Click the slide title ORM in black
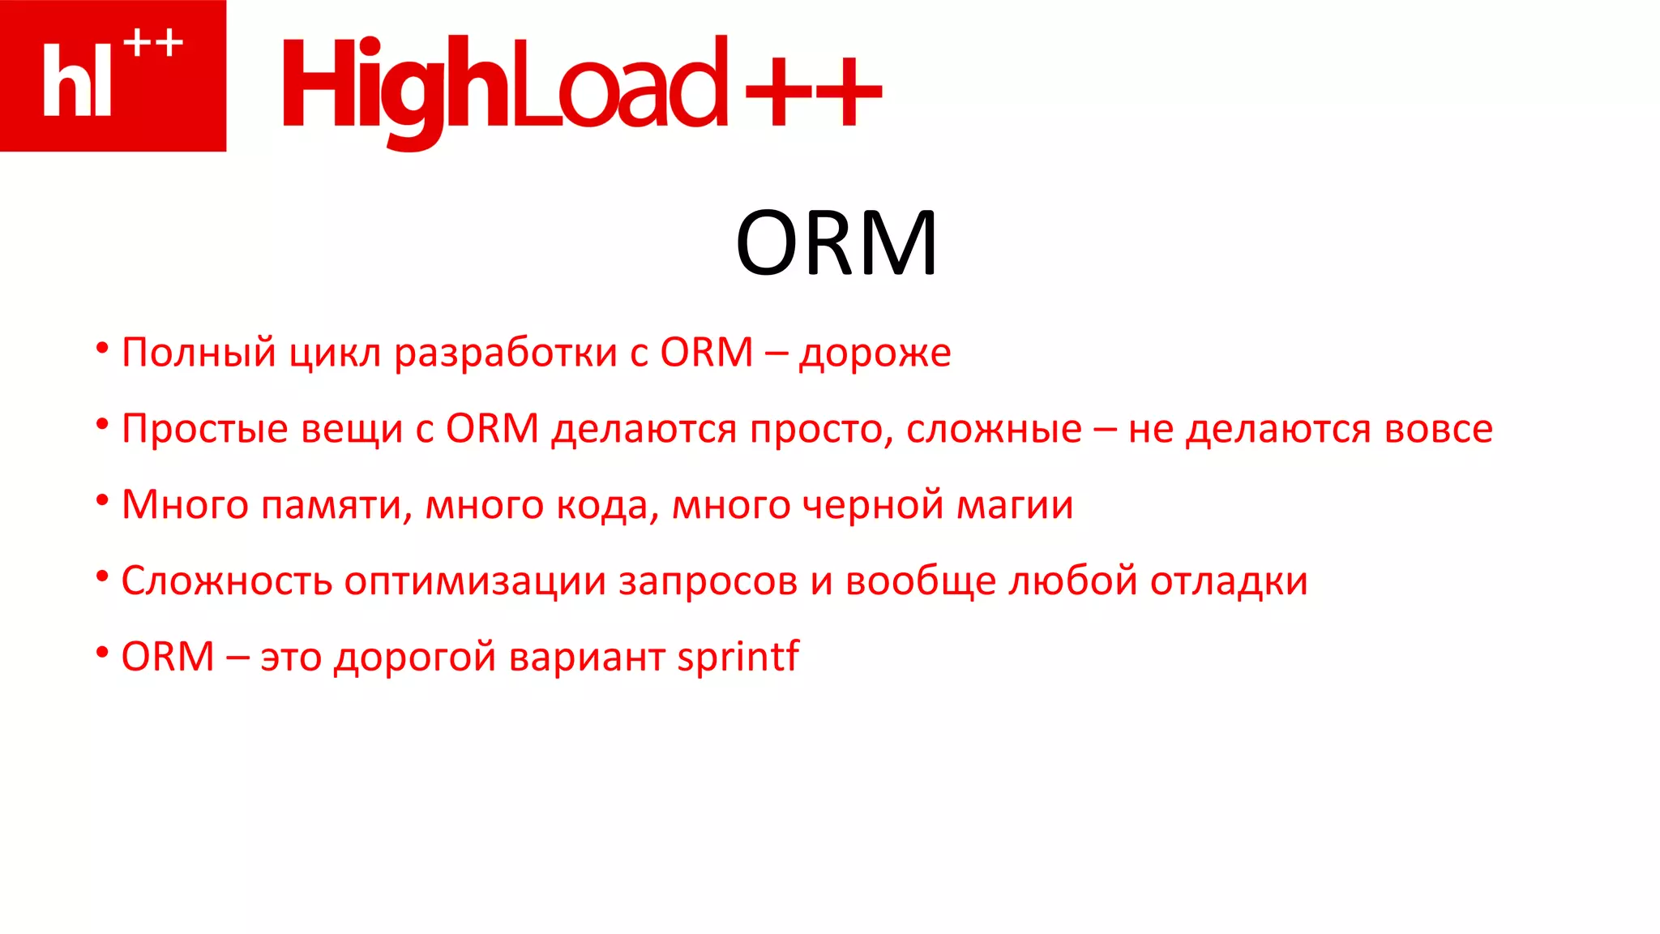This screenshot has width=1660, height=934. (836, 243)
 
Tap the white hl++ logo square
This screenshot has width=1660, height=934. (113, 75)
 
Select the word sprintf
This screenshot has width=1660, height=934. (738, 657)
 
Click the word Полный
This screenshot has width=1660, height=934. (199, 353)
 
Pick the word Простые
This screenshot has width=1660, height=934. (204, 430)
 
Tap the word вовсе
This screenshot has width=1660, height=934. (1438, 430)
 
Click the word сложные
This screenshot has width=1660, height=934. (994, 430)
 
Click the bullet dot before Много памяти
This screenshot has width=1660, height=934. (102, 500)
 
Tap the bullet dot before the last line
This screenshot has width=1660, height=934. (102, 652)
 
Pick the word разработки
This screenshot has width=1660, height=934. (506, 353)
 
